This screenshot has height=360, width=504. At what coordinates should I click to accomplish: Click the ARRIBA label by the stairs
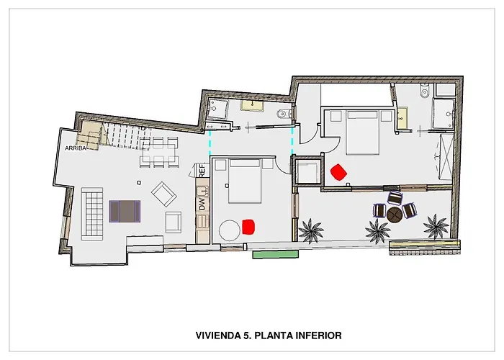click(76, 148)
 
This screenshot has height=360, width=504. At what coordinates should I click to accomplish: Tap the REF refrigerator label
click(202, 171)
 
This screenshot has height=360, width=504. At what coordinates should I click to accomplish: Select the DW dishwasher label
click(202, 204)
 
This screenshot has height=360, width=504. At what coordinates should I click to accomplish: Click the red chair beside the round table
click(248, 227)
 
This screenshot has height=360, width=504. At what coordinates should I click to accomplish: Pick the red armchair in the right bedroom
click(339, 172)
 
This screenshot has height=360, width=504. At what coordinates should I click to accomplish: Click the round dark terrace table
click(395, 215)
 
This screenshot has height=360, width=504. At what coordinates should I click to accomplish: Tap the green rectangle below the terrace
click(276, 255)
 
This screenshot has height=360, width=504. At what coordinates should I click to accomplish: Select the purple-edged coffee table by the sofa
click(125, 211)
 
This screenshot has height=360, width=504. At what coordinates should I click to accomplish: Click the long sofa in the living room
click(92, 214)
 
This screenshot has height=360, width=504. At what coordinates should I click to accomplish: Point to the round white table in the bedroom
click(230, 230)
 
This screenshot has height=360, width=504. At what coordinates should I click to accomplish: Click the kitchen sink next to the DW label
click(202, 192)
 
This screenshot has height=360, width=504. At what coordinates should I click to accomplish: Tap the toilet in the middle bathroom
click(284, 114)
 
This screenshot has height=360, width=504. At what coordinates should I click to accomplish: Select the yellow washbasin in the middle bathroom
click(253, 106)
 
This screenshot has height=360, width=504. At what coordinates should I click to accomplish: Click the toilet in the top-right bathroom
click(425, 91)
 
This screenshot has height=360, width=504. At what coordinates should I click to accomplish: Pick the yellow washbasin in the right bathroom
click(402, 118)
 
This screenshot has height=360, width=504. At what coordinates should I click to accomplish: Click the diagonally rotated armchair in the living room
click(164, 194)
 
